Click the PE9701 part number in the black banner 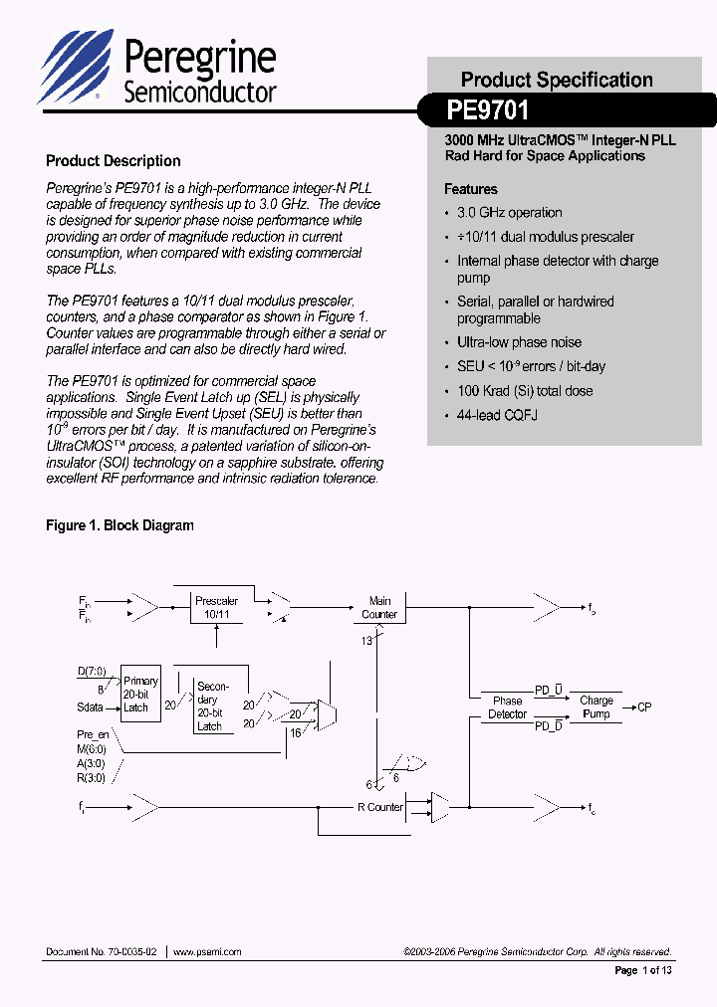488,108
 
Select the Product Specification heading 557,80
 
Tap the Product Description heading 114,160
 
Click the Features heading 470,189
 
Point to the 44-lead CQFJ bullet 497,415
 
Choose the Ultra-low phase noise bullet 519,342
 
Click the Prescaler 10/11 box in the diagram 216,608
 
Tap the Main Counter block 379,608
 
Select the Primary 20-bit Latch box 140,695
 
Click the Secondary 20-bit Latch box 212,706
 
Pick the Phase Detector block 507,707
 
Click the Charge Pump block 596,707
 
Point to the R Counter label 380,807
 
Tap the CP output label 645,707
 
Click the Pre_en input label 92,734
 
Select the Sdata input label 93,707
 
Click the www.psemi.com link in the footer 207,952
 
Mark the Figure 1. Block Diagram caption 119,525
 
